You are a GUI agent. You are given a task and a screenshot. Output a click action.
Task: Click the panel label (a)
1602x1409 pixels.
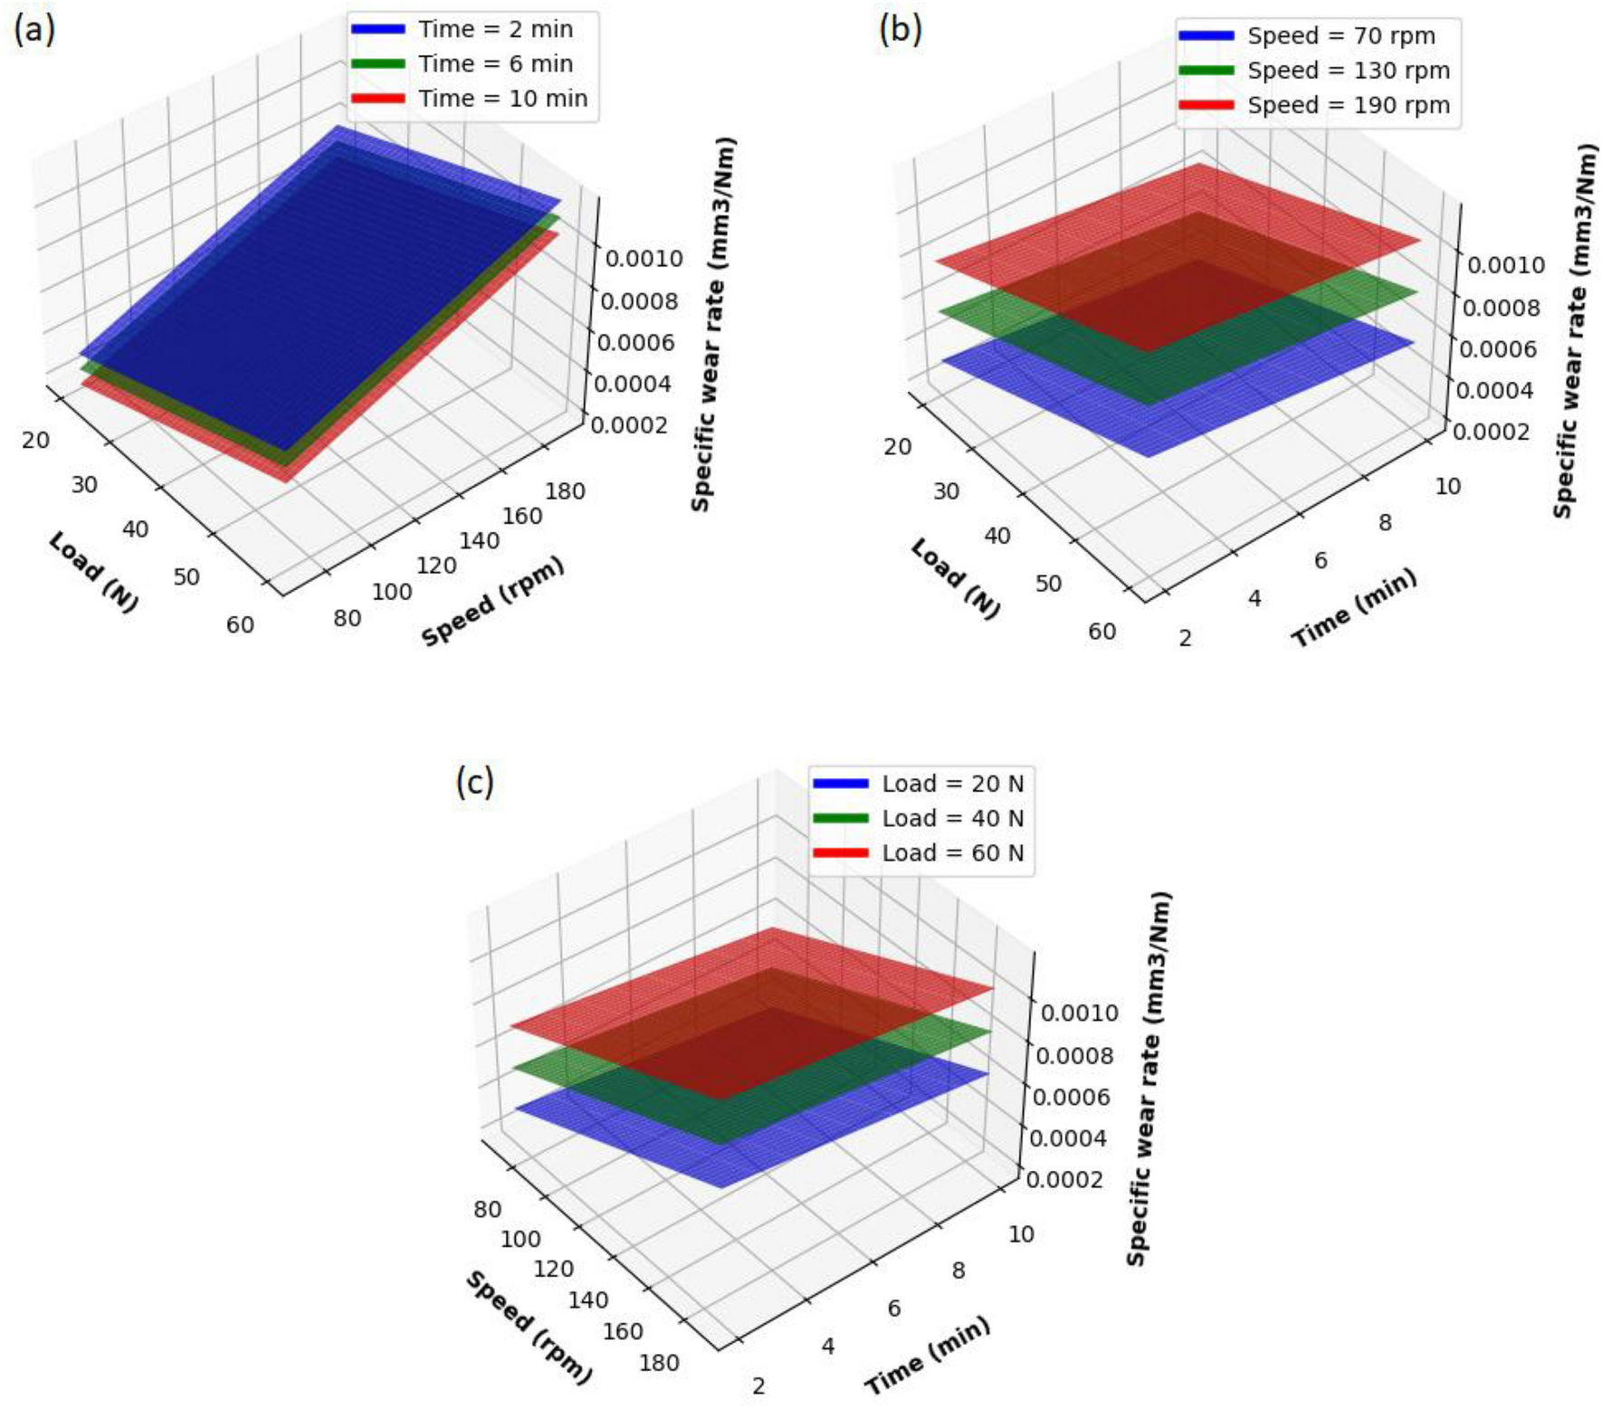tap(34, 30)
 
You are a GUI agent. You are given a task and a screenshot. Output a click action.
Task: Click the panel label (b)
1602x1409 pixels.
tap(901, 30)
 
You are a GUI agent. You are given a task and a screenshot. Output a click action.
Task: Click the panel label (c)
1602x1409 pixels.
tap(475, 781)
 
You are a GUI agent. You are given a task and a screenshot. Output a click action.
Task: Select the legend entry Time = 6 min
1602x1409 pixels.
tap(494, 64)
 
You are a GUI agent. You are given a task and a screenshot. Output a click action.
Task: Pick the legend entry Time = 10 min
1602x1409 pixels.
tap(502, 99)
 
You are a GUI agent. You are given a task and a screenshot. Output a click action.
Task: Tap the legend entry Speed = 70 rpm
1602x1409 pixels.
tap(1340, 36)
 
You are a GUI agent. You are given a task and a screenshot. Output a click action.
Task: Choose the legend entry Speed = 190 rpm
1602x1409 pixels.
tap(1348, 105)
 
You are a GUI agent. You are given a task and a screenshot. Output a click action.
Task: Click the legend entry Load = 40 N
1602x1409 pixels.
tap(952, 818)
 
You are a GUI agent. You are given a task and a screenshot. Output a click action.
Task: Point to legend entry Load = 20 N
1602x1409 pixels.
tap(952, 784)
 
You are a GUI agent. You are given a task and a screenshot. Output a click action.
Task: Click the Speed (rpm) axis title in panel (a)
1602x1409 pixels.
tap(493, 602)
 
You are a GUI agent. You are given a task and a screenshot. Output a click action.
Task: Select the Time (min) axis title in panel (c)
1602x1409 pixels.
tap(928, 1357)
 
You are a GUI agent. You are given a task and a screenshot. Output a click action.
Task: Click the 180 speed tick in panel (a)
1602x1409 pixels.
tap(566, 491)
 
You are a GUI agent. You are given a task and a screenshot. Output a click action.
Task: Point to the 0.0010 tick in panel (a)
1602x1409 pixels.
tap(644, 259)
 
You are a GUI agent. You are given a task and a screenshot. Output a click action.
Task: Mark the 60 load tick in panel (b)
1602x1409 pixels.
tap(1101, 632)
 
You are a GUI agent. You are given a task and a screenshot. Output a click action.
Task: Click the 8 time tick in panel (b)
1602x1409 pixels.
tap(1385, 522)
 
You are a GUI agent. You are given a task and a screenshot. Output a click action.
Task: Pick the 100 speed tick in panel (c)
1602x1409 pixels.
tap(520, 1239)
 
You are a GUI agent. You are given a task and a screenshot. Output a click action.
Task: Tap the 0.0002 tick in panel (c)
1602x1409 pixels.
tap(1064, 1180)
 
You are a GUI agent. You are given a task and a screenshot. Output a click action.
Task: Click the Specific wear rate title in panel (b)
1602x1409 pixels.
tap(1574, 330)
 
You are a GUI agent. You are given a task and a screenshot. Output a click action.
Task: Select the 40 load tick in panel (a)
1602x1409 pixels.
tap(135, 529)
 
